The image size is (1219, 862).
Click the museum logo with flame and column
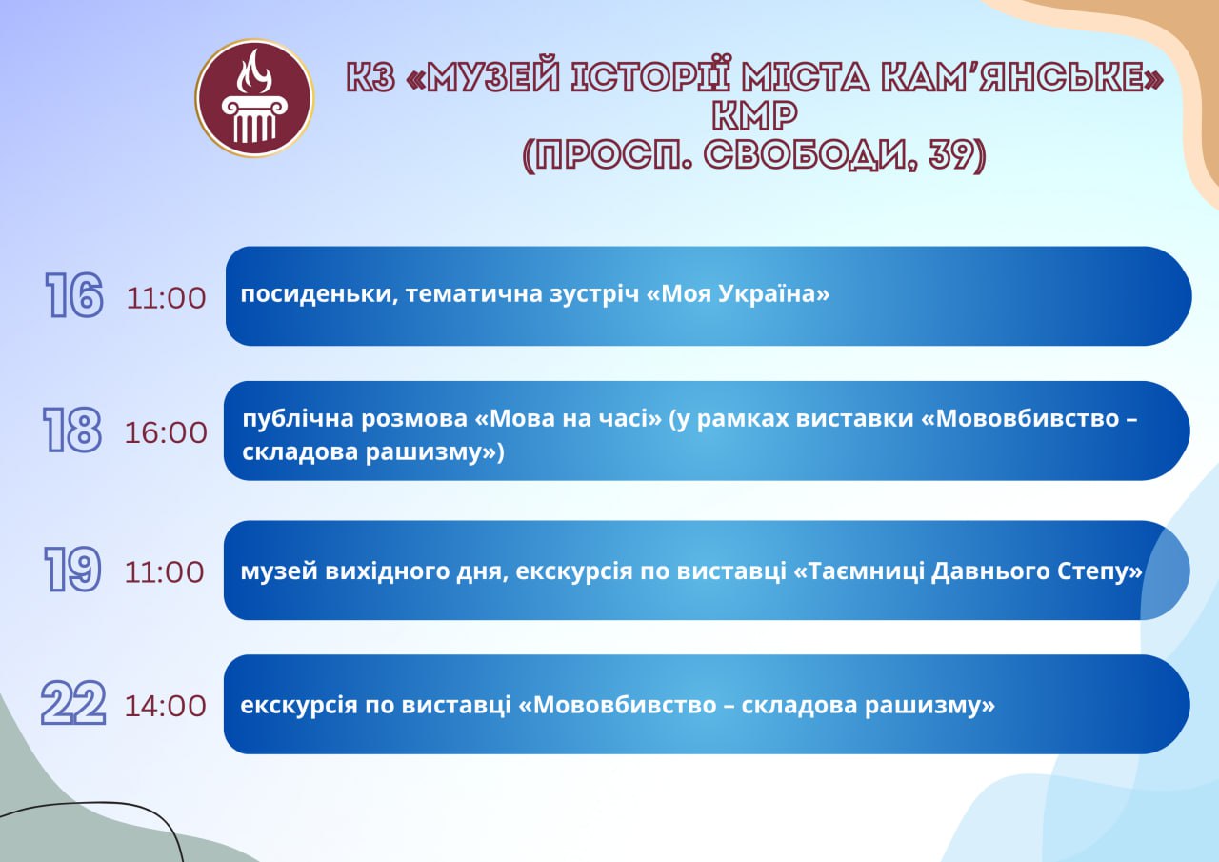click(254, 98)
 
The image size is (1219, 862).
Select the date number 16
click(74, 295)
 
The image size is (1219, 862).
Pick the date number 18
click(72, 430)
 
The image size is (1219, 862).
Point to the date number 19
click(72, 570)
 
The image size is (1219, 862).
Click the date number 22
click(73, 703)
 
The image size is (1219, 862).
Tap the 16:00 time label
click(166, 433)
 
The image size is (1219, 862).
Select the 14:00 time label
click(166, 707)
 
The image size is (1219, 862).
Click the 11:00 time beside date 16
click(166, 298)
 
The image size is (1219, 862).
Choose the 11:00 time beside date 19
click(165, 572)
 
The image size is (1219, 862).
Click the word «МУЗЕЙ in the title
click(483, 76)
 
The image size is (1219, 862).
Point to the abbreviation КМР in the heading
click(755, 116)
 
